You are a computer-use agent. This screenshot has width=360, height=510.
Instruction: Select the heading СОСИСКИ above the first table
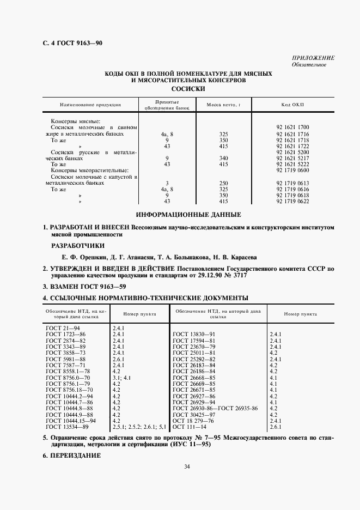tap(187, 88)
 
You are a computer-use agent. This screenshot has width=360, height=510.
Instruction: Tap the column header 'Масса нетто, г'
tap(223, 105)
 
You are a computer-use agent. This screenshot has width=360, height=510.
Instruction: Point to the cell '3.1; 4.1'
tap(122, 377)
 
